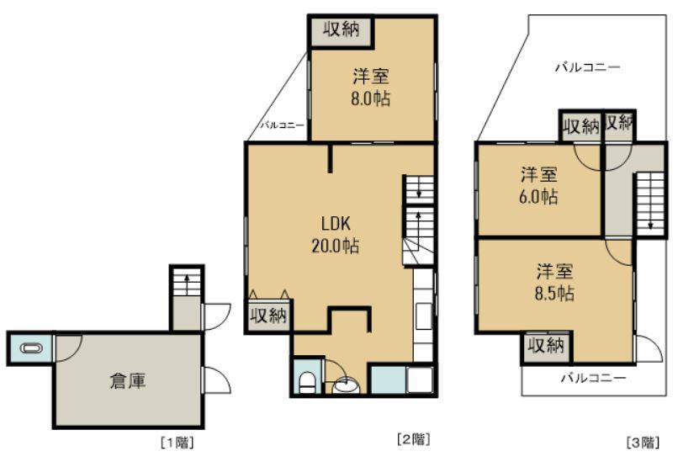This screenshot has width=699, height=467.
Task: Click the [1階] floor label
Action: (x=177, y=443)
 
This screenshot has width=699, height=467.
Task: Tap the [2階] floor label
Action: (x=414, y=439)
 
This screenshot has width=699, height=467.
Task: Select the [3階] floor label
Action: (x=643, y=443)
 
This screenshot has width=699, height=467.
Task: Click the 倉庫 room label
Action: (x=128, y=381)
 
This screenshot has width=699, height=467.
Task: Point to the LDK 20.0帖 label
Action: (x=336, y=234)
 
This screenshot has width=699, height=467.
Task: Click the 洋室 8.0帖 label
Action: (x=371, y=87)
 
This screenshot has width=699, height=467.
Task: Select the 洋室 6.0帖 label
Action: (x=538, y=185)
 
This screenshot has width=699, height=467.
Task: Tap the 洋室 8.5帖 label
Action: (x=554, y=283)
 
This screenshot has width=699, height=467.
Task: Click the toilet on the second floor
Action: (x=306, y=382)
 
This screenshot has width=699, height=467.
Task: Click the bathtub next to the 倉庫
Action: (x=31, y=348)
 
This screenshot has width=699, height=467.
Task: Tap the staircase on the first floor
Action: (x=187, y=281)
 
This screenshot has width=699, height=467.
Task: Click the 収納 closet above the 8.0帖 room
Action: (x=341, y=30)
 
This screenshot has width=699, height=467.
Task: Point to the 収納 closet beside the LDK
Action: (x=268, y=316)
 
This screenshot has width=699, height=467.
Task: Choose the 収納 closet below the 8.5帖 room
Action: (x=546, y=346)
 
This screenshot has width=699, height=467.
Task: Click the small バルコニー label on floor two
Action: (x=282, y=125)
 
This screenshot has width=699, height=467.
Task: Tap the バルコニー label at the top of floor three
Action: (x=588, y=67)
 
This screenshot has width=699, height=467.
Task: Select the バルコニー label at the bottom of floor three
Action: (x=593, y=379)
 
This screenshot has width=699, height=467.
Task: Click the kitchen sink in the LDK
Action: (x=423, y=316)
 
